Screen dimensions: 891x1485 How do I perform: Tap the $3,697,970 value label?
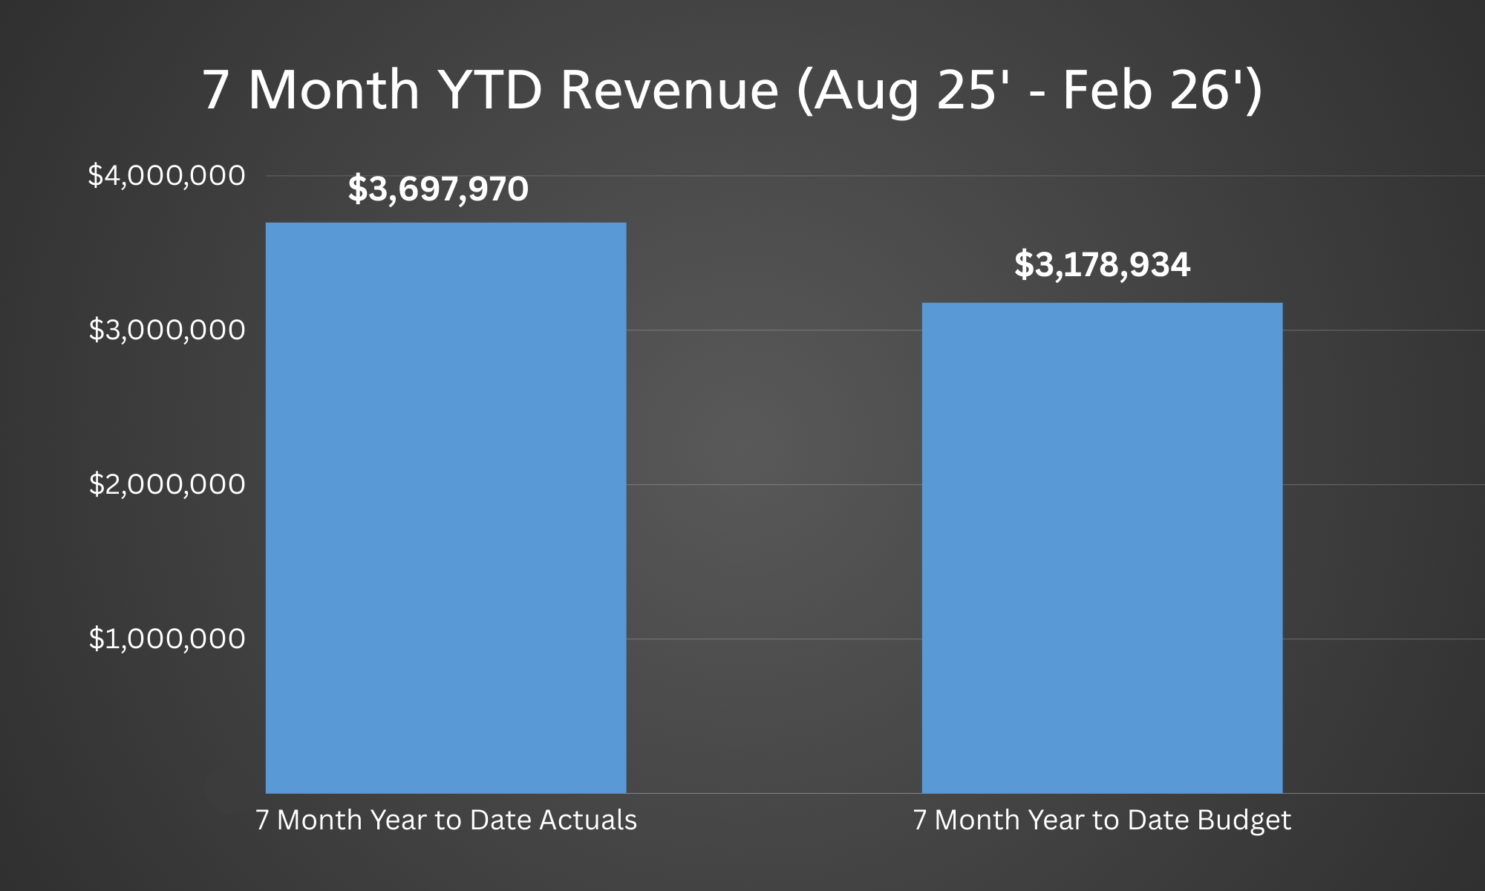click(x=438, y=189)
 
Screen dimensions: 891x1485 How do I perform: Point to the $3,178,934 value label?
click(x=1102, y=265)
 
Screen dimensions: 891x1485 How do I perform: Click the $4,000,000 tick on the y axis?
click(x=166, y=176)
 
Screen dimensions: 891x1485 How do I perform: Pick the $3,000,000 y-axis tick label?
click(x=166, y=330)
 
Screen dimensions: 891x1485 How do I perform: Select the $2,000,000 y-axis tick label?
click(x=166, y=485)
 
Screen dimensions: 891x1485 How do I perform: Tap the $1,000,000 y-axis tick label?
click(x=166, y=639)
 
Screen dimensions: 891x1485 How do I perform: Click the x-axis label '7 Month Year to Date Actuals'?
click(x=446, y=820)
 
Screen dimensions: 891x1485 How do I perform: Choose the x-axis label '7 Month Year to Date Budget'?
click(x=1102, y=820)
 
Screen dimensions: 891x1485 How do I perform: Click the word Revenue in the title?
click(x=669, y=91)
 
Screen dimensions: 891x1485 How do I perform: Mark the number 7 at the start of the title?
click(x=215, y=91)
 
